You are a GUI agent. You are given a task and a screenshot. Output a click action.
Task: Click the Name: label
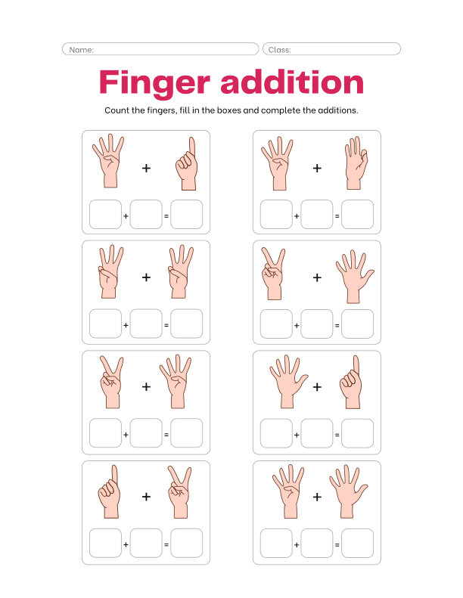coord(81,49)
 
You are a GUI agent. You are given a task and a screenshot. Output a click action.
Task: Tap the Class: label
coord(279,49)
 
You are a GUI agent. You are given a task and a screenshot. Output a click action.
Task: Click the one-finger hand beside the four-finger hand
coord(186,164)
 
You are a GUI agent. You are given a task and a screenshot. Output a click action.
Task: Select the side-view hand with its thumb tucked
coord(356,164)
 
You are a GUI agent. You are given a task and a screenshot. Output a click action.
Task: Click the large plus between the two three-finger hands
coord(146,277)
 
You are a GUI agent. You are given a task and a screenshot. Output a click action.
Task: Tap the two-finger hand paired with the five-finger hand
coord(272,274)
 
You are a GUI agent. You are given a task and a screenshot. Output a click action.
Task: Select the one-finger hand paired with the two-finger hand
coord(109,493)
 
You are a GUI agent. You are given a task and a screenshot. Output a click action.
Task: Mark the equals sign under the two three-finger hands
coord(166,324)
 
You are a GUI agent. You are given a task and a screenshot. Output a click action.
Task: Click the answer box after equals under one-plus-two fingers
coord(186,543)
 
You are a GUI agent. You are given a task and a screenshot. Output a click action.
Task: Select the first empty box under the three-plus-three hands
coord(105,324)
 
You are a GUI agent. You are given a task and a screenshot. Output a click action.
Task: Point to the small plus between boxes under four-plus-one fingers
coord(126,215)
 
